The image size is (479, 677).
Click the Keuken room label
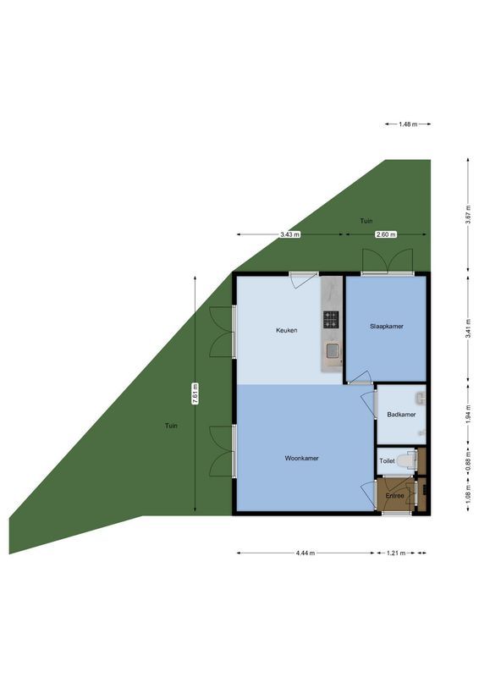point(286,330)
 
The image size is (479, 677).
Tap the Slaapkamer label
point(386,326)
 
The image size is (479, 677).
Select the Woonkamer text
point(300,458)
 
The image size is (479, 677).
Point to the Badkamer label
point(400,415)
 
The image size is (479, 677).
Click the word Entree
point(394,495)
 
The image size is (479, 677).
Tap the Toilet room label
point(387,461)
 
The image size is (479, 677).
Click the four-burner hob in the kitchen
point(331,319)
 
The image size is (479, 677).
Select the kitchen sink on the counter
point(333,350)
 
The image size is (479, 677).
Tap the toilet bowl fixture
point(410,460)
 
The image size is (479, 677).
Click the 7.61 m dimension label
point(195,394)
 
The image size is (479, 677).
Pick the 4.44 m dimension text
point(306,553)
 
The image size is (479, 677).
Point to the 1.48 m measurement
point(408,124)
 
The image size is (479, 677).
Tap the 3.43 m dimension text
point(290,234)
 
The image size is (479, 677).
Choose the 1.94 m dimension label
point(468,415)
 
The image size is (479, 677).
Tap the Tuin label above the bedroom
point(366,221)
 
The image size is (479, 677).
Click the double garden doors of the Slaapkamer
point(387,262)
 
